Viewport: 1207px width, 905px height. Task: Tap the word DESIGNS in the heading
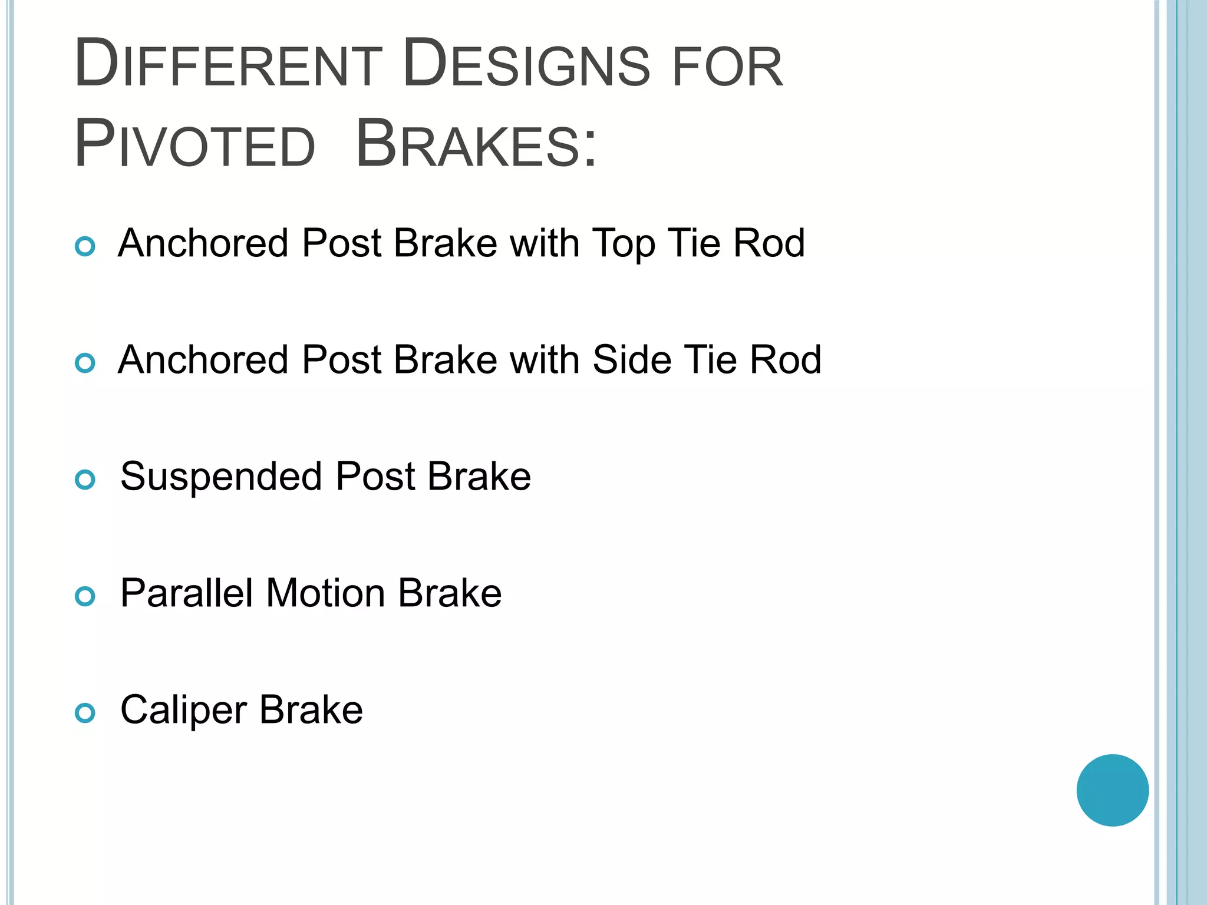click(x=527, y=64)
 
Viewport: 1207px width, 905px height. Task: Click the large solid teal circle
click(x=1112, y=790)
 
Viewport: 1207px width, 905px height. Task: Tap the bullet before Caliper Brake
click(x=85, y=714)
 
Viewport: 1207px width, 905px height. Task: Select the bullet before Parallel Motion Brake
click(x=85, y=597)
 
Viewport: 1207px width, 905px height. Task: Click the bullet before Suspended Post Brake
click(x=85, y=480)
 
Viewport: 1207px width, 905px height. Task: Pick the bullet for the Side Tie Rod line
click(x=85, y=363)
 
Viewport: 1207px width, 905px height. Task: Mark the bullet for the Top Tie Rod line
click(x=85, y=246)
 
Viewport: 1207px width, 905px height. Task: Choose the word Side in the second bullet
click(x=632, y=359)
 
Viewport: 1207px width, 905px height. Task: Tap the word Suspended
click(x=221, y=476)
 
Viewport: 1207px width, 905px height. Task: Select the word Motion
click(x=325, y=593)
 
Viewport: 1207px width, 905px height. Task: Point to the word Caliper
click(x=183, y=711)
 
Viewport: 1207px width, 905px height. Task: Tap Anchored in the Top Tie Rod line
click(x=203, y=243)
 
